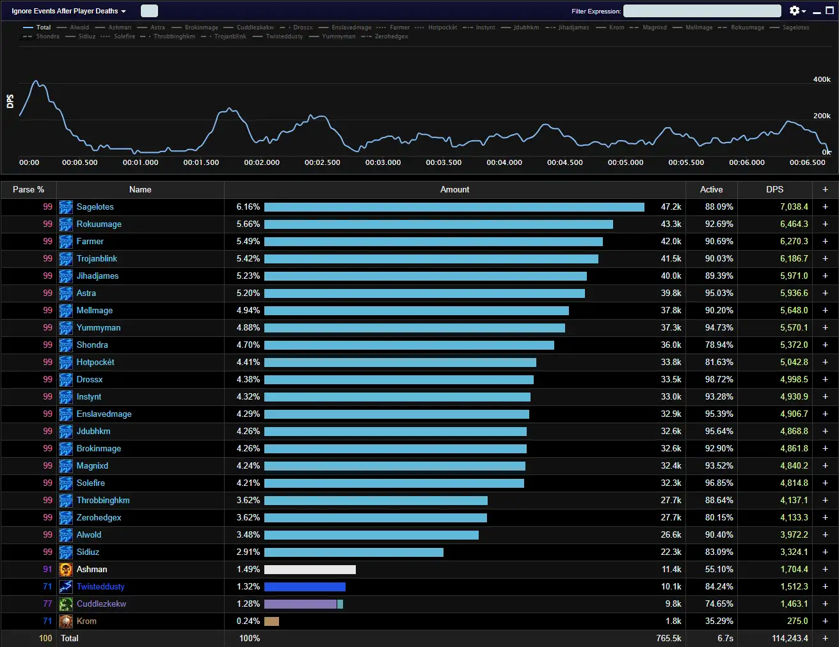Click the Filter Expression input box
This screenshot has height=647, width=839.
coord(702,11)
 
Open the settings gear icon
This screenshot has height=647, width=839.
coord(794,11)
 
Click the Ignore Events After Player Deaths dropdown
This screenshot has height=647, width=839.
coord(68,11)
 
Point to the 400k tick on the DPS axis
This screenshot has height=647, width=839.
coord(822,79)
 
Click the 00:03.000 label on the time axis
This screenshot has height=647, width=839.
coord(383,162)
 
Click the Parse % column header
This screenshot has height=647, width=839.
coord(28,190)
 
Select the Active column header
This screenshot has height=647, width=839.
coord(711,190)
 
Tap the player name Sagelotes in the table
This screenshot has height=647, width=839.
coord(95,207)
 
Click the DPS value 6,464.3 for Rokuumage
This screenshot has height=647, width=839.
coord(794,224)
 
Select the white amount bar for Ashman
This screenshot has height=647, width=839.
coord(310,570)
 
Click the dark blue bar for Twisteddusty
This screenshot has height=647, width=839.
coord(305,587)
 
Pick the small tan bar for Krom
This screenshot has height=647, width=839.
coord(271,621)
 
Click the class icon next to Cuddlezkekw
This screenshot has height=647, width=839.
coord(66,604)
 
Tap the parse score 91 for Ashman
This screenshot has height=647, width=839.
coord(47,570)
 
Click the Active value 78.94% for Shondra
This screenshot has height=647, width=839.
coord(719,345)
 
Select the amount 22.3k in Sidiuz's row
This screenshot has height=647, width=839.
coord(671,552)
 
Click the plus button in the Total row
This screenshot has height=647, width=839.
coord(825,639)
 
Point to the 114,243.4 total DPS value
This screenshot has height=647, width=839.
coord(790,639)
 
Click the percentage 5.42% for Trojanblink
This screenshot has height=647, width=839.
coord(248,259)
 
